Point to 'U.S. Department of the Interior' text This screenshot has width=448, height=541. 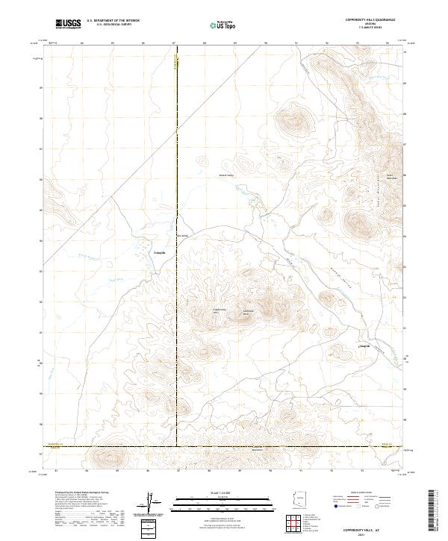(x=113, y=20)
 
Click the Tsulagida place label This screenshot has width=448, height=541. (x=159, y=253)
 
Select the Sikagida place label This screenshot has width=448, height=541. (x=364, y=345)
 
